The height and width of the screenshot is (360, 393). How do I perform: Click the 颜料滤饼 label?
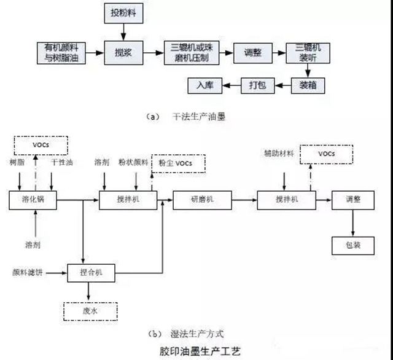coord(25,271)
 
